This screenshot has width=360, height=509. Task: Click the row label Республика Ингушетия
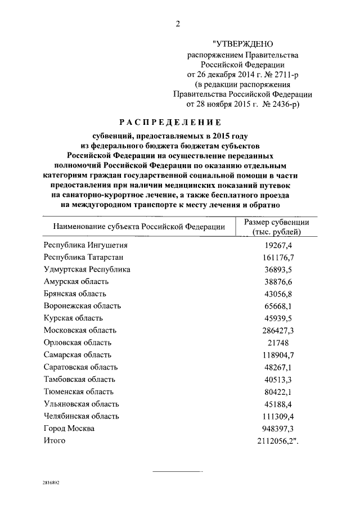85,245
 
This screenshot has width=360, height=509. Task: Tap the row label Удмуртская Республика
87,269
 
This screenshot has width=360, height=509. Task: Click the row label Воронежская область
82,306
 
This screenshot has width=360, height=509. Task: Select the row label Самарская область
78,355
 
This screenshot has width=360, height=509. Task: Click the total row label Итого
55,440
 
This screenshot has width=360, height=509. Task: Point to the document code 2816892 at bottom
51,483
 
